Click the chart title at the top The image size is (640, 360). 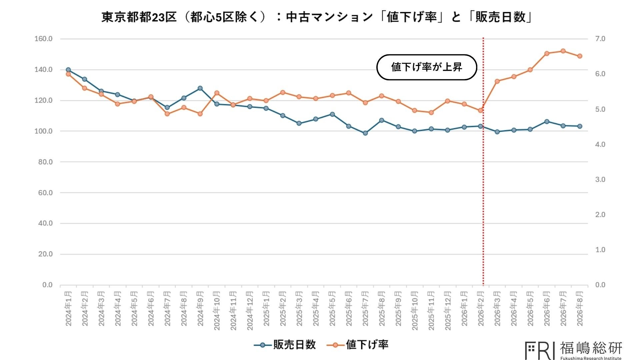click(316, 17)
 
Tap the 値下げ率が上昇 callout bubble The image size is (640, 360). click(427, 67)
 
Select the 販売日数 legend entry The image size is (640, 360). click(285, 345)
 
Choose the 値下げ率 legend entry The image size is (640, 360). click(357, 345)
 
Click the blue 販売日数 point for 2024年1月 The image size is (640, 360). click(68, 70)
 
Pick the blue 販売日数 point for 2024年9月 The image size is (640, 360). click(200, 88)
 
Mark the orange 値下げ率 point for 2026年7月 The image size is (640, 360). click(563, 51)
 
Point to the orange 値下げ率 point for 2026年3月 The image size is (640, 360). click(497, 81)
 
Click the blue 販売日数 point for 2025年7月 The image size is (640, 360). click(365, 133)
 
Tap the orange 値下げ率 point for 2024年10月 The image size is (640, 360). click(217, 93)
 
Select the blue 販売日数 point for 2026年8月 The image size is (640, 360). click(580, 126)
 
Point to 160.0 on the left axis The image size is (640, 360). click(43, 39)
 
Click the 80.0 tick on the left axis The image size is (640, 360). click(45, 162)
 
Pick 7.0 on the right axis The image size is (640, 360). click(600, 39)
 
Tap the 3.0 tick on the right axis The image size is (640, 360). click(600, 180)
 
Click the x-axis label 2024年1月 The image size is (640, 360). click(68, 308)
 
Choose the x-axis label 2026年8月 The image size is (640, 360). click(580, 308)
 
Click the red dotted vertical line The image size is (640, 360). click(483, 162)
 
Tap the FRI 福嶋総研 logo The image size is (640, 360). click(574, 350)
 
